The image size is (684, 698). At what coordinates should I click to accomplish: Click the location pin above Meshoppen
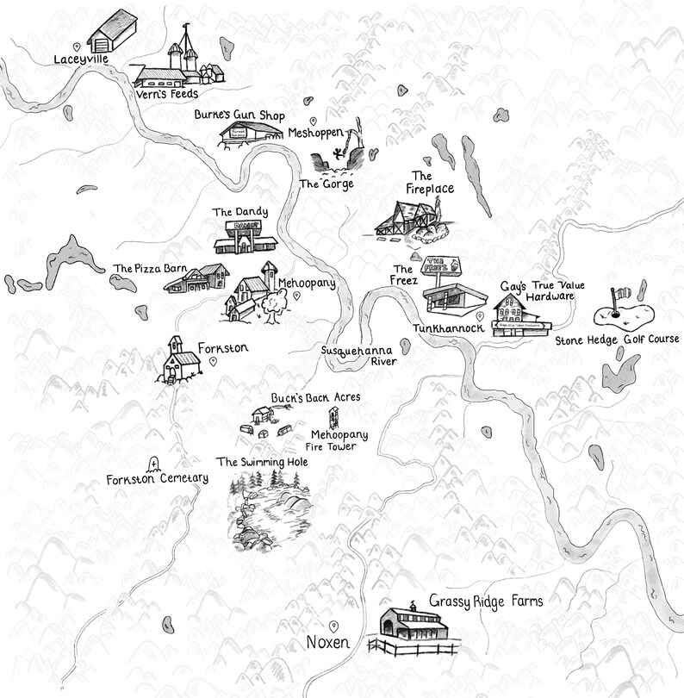coord(313,120)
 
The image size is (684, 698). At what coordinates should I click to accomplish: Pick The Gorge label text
coord(326,184)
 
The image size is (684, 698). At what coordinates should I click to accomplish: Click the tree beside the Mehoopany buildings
coord(273,303)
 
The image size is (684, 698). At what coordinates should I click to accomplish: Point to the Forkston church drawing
coord(177,359)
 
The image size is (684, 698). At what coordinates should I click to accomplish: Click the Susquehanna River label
coord(358,356)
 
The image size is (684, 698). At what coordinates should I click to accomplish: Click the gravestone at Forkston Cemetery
coord(154,464)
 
